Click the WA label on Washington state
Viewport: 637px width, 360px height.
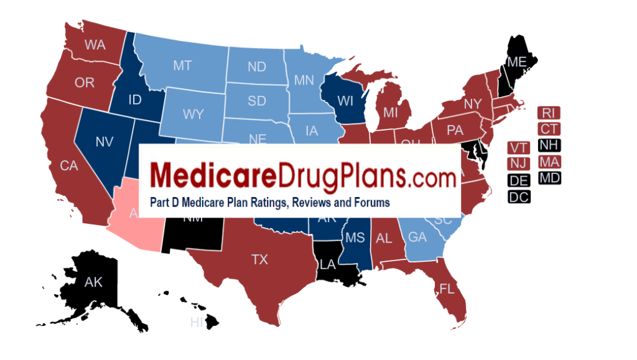(95, 45)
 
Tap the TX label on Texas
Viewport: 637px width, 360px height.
(259, 259)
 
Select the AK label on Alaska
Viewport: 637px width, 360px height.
(93, 282)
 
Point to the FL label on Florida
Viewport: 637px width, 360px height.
(446, 288)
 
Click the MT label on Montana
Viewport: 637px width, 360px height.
(182, 65)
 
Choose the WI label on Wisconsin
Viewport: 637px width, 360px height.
(346, 101)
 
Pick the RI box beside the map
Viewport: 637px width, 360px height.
(548, 113)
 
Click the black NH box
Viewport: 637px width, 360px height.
(548, 145)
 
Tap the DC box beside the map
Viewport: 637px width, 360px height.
(519, 197)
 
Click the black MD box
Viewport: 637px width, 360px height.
(548, 178)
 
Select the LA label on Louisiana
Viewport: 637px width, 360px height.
(328, 265)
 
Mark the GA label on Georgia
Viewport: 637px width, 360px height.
(417, 237)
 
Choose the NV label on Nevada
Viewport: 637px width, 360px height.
(104, 142)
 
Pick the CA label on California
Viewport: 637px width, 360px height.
(68, 165)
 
